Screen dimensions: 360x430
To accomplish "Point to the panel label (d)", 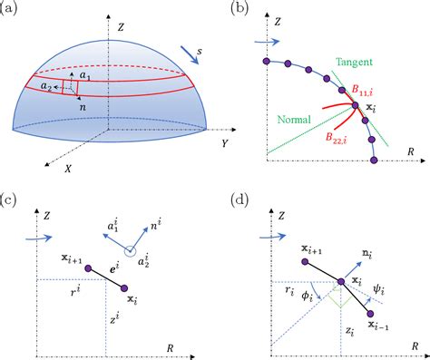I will [238, 199].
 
